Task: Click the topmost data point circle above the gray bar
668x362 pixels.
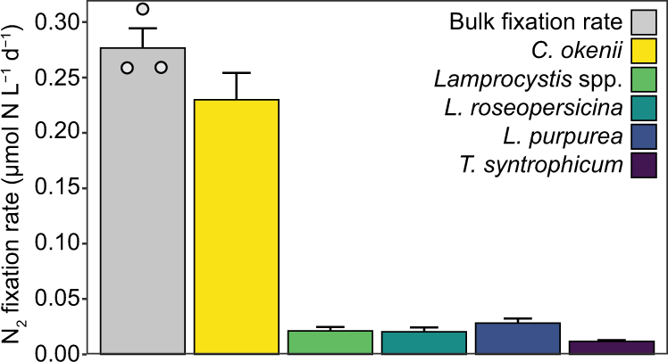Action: [143, 10]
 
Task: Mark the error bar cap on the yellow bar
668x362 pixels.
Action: [237, 73]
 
